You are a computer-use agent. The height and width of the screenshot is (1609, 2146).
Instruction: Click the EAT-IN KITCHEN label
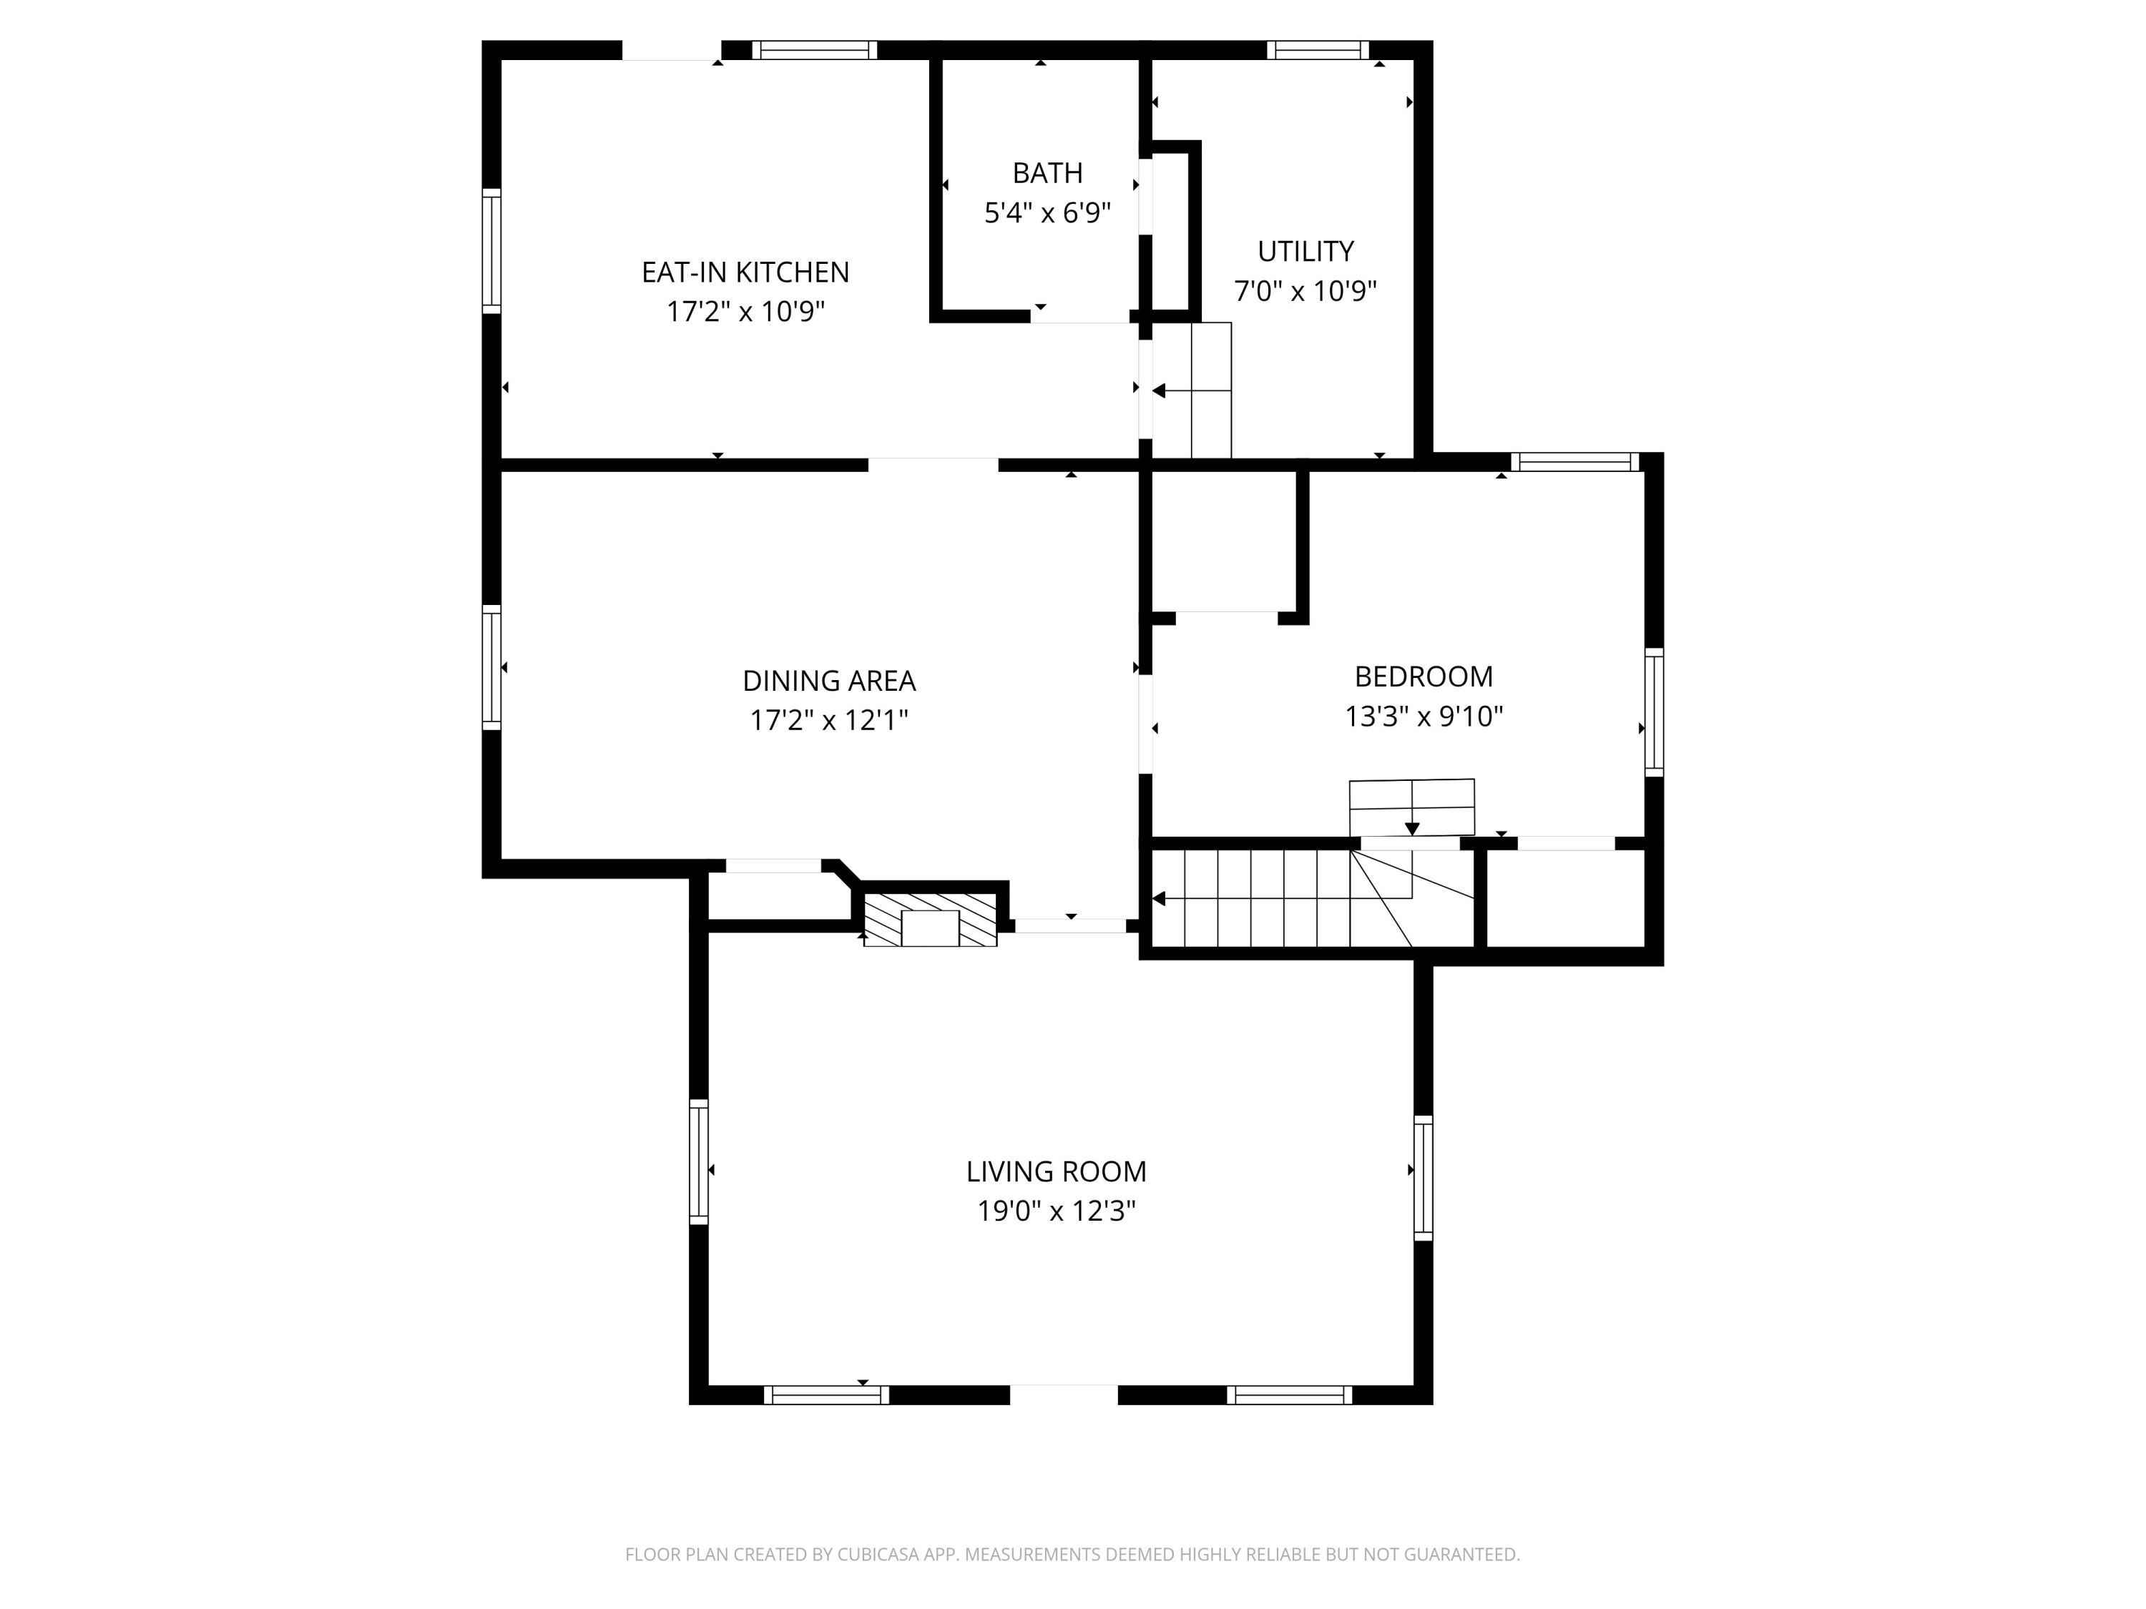pos(745,272)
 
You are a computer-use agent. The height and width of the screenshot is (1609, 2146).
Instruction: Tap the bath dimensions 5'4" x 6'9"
pos(1047,213)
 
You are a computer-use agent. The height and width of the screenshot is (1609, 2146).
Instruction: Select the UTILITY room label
pos(1305,251)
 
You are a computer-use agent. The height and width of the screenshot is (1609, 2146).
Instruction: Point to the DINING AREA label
pos(828,681)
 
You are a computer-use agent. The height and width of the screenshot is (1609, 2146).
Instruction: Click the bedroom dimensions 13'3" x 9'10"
pos(1424,717)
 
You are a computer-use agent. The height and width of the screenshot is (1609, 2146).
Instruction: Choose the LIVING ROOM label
pos(1056,1171)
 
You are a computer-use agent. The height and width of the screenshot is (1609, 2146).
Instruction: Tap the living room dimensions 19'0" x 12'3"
pos(1056,1211)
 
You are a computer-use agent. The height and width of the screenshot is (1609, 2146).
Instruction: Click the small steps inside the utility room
pos(1191,390)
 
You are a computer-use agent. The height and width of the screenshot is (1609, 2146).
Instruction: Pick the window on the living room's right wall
pos(1422,1177)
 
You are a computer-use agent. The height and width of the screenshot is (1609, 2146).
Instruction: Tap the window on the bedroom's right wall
pos(1654,712)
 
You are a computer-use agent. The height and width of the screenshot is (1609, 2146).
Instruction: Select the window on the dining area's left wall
pos(492,667)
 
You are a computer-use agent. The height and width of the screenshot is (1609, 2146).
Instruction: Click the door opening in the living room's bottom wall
pos(1063,1394)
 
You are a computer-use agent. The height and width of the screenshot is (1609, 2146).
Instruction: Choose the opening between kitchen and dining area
pos(932,465)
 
